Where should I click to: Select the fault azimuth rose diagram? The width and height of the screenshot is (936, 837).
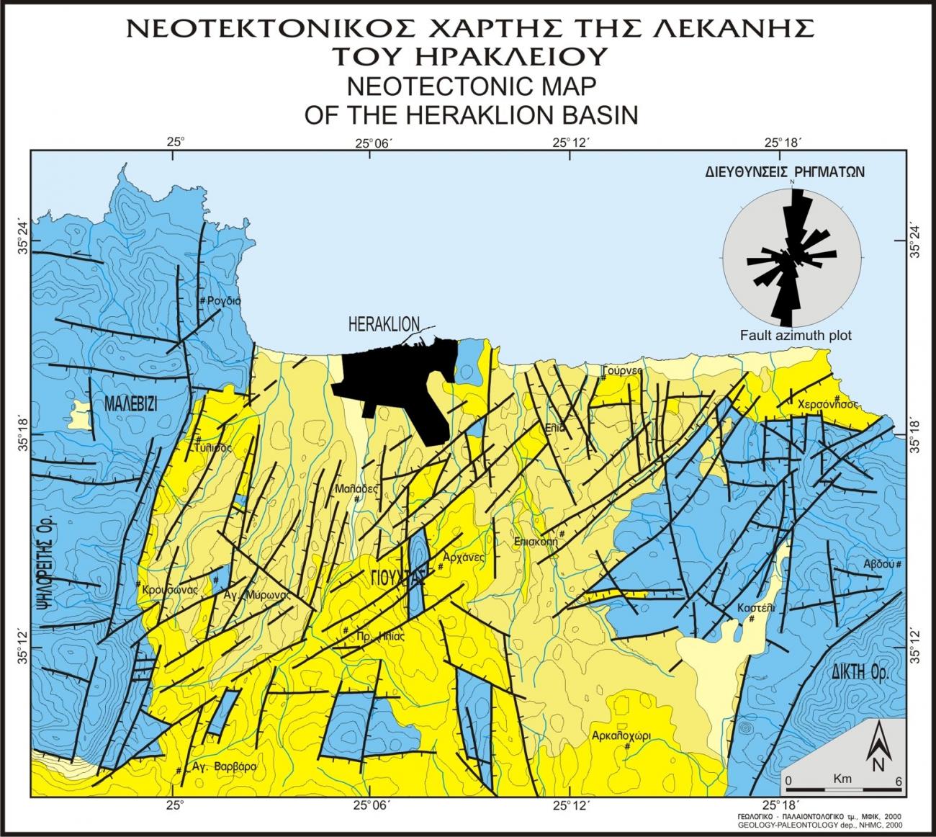(x=791, y=254)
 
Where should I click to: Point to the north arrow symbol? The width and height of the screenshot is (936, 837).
(x=878, y=749)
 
